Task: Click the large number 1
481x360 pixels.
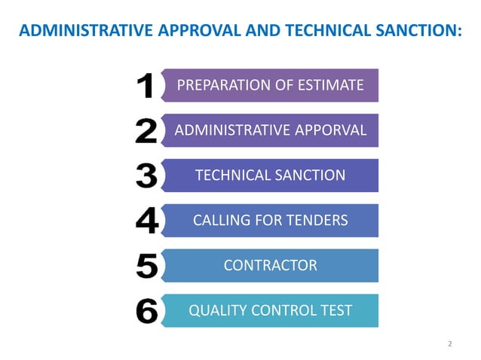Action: [x=147, y=86]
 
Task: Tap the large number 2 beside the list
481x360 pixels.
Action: [x=146, y=131]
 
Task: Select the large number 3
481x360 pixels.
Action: [x=146, y=176]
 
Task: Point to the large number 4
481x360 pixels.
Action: [x=146, y=221]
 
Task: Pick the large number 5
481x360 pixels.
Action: [x=146, y=266]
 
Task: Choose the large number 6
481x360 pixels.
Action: [x=146, y=311]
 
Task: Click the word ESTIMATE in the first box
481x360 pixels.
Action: [x=329, y=85]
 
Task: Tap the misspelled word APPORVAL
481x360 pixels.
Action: [x=330, y=130]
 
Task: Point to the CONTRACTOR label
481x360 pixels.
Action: [x=270, y=265]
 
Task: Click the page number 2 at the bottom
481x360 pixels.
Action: [x=449, y=344]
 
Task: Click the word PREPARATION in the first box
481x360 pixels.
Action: [x=222, y=85]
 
